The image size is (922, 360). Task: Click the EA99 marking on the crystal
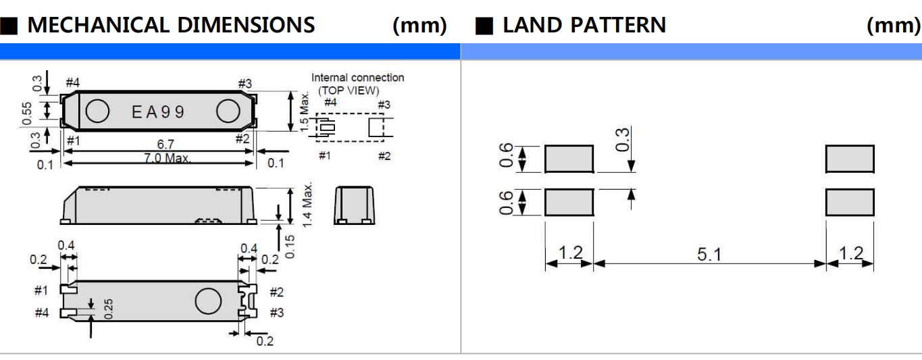[158, 112]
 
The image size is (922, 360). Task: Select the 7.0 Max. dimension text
[167, 159]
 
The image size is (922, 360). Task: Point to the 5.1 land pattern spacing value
[709, 255]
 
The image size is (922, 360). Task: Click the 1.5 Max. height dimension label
[305, 111]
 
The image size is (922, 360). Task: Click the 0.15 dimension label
[291, 246]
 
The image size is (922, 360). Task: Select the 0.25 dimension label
[108, 309]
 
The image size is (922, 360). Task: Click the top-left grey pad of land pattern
[569, 159]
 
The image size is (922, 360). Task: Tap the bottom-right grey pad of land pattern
[850, 202]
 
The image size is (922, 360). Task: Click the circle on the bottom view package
[208, 301]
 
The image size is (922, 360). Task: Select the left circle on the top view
[98, 112]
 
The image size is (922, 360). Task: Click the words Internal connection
[357, 78]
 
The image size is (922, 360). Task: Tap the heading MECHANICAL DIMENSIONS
[170, 26]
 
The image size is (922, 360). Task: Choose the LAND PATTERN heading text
[584, 26]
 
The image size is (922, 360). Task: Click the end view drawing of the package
[354, 205]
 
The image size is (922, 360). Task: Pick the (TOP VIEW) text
[349, 91]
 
